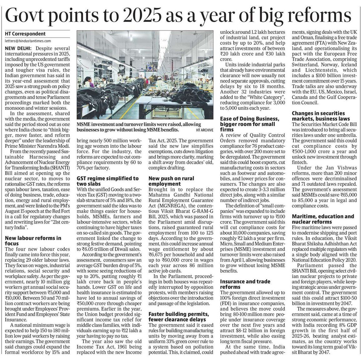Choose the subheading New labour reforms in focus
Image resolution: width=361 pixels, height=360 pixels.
(33, 241)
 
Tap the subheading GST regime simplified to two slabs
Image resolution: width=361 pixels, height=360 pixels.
(108, 181)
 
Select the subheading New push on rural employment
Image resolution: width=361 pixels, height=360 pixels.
(171, 181)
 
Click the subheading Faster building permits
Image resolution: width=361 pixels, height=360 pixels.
(177, 314)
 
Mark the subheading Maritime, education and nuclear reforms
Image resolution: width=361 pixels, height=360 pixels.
(323, 219)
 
